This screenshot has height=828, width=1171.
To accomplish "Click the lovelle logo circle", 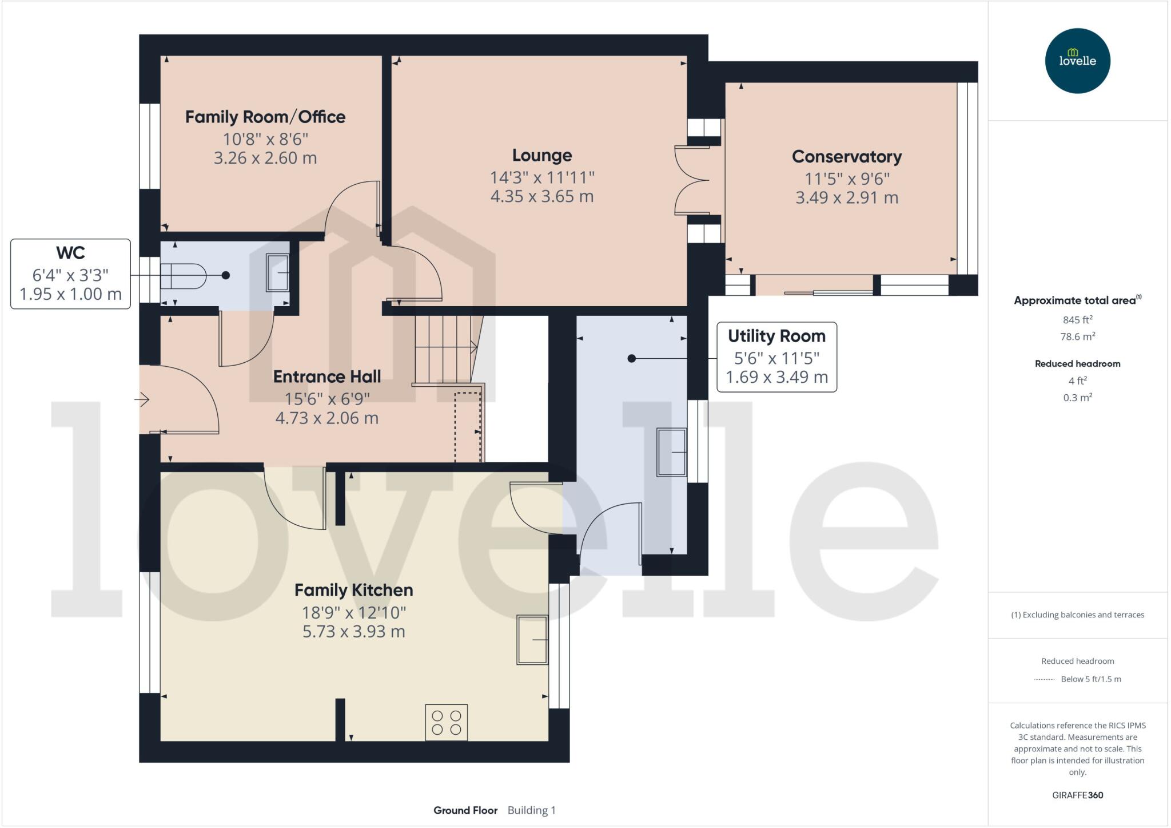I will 1077,61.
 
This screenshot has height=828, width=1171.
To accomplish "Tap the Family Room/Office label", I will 265,117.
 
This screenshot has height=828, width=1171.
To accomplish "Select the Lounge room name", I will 541,155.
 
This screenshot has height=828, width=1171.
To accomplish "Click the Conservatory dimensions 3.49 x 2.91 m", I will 846,197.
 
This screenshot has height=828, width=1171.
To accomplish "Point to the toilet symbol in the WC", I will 183,276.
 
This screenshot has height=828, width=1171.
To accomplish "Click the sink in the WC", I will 278,272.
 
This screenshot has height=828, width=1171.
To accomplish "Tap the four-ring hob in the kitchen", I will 446,722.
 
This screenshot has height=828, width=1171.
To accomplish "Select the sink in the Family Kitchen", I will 532,639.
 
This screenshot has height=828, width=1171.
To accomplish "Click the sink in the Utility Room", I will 671,452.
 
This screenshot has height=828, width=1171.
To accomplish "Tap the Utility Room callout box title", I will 776,336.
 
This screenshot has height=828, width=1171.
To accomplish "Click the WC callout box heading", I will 70,252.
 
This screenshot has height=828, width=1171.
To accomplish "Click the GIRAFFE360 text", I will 1077,795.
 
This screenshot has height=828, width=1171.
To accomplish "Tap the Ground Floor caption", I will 465,810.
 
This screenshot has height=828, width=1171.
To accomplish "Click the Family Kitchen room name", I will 353,590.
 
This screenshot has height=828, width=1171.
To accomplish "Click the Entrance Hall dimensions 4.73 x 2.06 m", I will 326,418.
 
